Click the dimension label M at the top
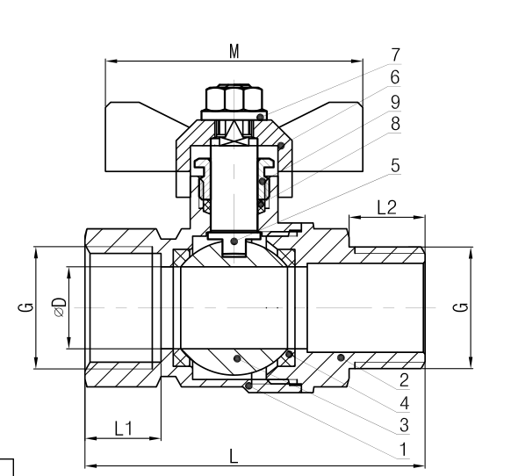coord(234,51)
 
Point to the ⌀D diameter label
coord(58,307)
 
